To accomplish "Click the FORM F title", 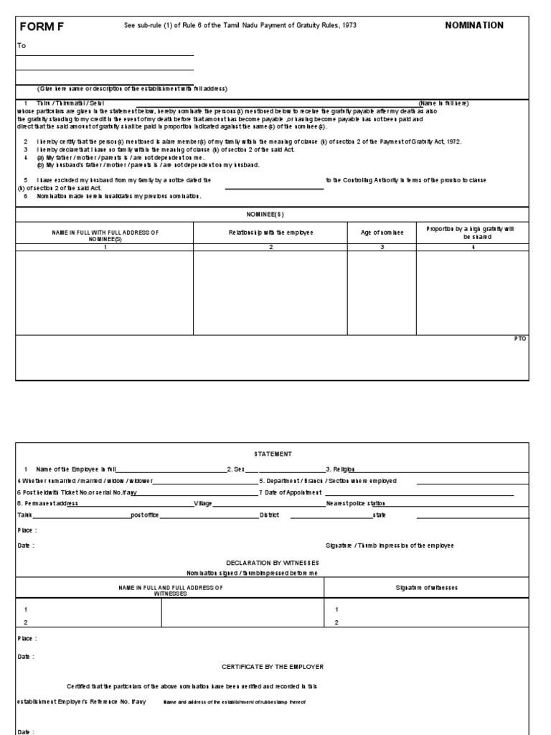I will coord(41,26).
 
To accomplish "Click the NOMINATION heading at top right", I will coord(474,25).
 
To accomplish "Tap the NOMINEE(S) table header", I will coord(271,214).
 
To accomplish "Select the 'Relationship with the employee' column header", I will coord(270,233).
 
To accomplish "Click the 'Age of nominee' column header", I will coord(382,233).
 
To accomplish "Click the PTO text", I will coord(520,338).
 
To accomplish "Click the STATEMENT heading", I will coord(271,454).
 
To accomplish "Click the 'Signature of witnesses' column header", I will coord(426,587).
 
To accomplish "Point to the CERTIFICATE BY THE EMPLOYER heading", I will coord(273,667).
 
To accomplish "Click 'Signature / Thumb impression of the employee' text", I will coord(389,546).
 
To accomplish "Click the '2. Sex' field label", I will coord(237,469).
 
